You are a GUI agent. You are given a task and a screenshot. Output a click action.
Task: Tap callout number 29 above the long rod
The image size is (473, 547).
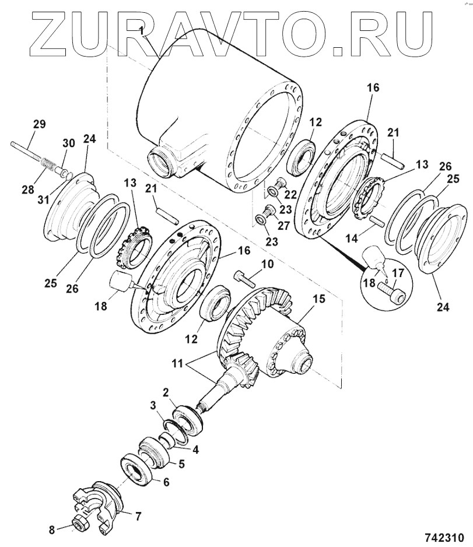pyautogui.click(x=39, y=124)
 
